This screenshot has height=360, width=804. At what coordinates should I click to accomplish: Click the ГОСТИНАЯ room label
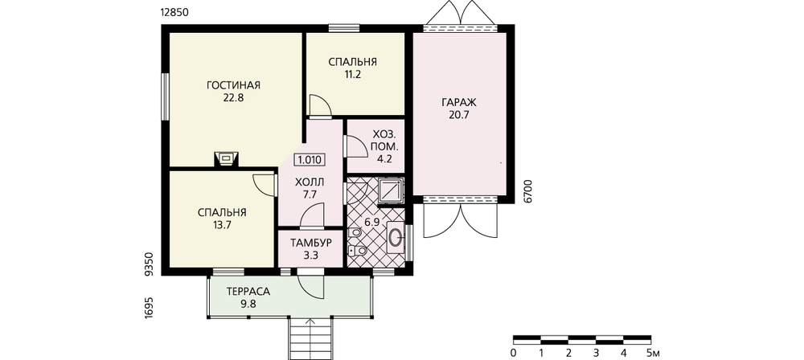233,85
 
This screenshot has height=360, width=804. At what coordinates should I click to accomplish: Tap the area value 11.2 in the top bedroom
353,75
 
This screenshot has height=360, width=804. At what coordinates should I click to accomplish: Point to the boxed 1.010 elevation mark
310,159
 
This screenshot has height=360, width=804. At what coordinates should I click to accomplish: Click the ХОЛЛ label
310,182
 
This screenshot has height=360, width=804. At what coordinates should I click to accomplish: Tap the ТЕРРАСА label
248,291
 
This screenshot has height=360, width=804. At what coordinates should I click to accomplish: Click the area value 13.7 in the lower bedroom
222,224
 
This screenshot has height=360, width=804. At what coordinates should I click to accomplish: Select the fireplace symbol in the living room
226,158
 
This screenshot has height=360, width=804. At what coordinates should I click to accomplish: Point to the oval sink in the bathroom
396,236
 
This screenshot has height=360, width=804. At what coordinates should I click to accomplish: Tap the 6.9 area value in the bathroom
371,222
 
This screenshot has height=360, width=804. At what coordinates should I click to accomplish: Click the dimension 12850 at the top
175,14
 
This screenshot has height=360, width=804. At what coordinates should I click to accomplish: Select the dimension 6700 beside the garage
529,192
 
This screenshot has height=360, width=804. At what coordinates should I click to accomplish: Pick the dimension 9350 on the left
150,264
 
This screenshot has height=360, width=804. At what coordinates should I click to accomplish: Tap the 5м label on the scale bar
653,353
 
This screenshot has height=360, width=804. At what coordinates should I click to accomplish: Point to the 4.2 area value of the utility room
384,158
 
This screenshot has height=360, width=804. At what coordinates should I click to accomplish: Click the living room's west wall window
165,97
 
